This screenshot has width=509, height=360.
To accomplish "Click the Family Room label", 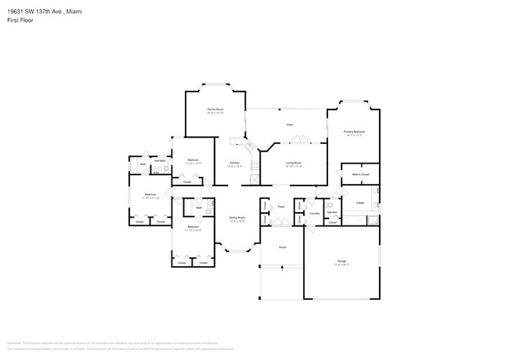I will tap(215, 110).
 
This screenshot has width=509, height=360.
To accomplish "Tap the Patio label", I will tap(289, 124).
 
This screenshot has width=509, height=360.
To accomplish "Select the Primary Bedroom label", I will tap(354, 131).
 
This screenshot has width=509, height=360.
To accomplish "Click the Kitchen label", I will tap(234, 163).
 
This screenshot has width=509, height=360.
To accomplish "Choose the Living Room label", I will tap(294, 163).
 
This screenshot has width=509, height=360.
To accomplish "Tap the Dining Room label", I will tap(237, 218).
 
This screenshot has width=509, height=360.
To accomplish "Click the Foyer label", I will tap(280, 207).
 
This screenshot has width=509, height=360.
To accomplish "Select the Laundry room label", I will tap(314, 212).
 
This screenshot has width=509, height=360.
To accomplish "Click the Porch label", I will tap(282, 246).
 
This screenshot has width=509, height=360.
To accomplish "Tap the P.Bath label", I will tap(360, 203).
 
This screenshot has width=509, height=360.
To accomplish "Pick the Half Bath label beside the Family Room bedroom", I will tap(159, 160).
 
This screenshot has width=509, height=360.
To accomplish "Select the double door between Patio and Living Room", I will tap(298, 141).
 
